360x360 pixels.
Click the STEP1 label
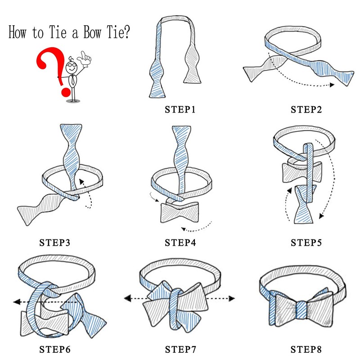point(180,109)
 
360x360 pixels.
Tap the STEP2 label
point(306,109)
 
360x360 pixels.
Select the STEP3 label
point(54,243)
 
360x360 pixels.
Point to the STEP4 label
point(180,243)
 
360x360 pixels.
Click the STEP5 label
point(306,243)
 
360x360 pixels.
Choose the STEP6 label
point(54,349)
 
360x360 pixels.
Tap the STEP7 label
point(180,349)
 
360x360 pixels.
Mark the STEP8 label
point(306,349)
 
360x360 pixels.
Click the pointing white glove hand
point(84,59)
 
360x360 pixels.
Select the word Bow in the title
point(92,32)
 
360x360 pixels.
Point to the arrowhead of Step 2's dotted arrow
point(332,85)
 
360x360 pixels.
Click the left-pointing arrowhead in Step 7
point(128,298)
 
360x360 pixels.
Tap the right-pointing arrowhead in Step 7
point(232,298)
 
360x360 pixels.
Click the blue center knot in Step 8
point(301,310)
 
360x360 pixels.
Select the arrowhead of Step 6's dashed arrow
point(17,301)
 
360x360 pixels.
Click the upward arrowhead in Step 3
point(81,181)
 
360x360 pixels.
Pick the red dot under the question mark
point(66,92)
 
